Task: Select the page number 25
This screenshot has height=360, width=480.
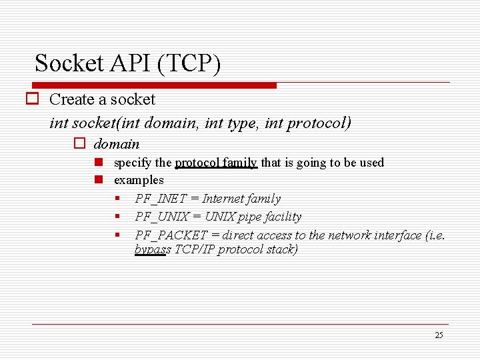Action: click(438, 335)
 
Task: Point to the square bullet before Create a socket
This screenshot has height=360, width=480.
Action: click(31, 99)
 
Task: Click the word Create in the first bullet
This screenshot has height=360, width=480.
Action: click(72, 99)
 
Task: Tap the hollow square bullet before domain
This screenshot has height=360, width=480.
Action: click(79, 144)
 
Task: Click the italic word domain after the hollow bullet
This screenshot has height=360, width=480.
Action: click(117, 144)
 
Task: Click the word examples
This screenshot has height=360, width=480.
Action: click(139, 180)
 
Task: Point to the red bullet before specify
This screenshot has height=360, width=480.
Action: click(98, 163)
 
